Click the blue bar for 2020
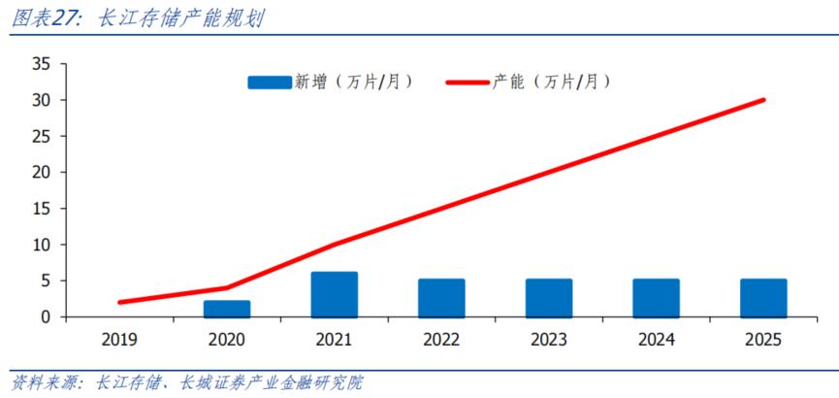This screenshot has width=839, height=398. coord(227,309)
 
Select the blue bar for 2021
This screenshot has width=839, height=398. coord(334,295)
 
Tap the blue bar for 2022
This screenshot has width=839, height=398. coord(441,298)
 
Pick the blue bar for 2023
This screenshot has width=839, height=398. coord(549,298)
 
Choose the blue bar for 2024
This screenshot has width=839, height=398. coord(657,298)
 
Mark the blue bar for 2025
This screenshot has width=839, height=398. coord(763,298)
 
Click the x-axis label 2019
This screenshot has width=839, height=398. coord(119,340)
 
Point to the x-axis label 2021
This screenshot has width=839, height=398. coord(334,340)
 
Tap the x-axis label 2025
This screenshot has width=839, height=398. coord(763,340)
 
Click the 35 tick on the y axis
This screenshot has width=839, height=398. coord(42,64)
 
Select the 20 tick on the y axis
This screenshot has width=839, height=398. coord(42,173)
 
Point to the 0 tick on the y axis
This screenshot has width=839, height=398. coord(46,317)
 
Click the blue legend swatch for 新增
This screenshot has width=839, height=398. coord(269,83)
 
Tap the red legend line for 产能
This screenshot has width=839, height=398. coord(467,83)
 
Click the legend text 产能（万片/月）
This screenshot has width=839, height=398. coord(551,83)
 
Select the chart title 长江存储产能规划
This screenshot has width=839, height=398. coord(180,18)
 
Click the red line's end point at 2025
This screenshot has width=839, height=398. coord(763,99)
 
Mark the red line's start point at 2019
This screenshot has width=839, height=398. coord(120,302)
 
